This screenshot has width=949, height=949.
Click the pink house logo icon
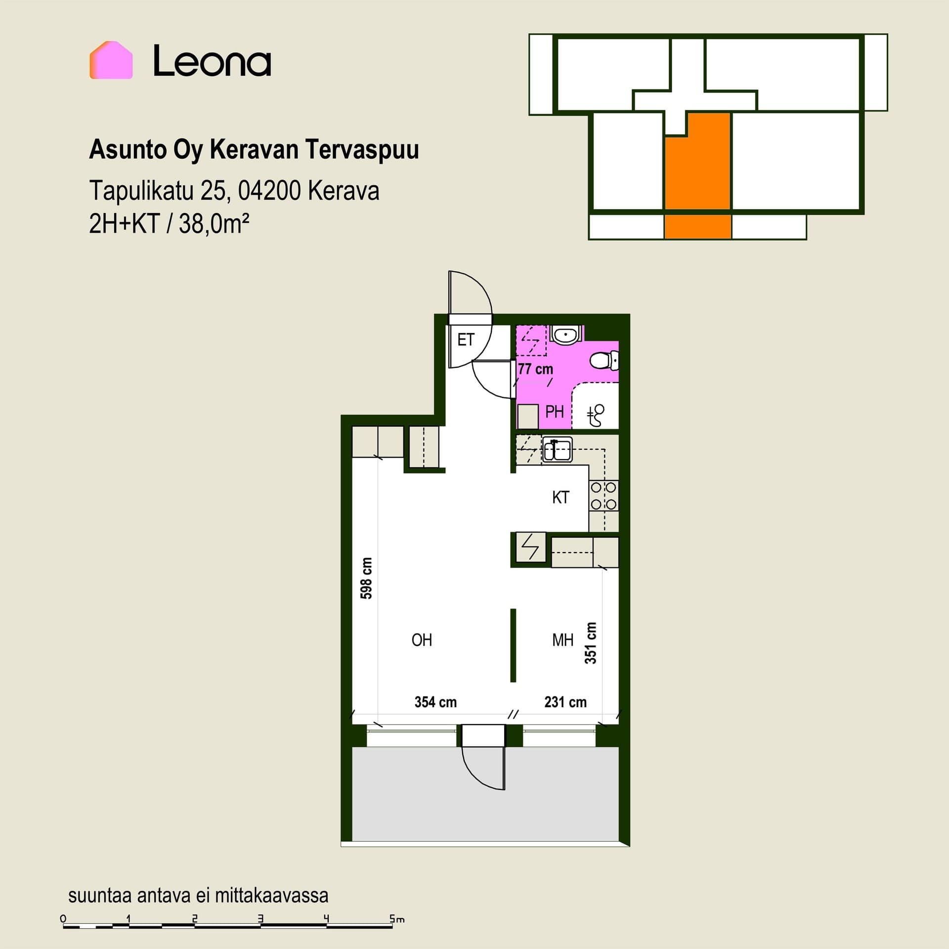point(111,60)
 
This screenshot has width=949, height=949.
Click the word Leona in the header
point(212,61)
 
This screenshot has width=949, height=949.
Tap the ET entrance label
point(466,340)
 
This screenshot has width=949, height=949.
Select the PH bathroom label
point(555,411)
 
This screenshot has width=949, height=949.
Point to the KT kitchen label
point(561,497)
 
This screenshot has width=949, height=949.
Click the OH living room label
point(422,640)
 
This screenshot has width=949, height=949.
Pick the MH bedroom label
point(562,640)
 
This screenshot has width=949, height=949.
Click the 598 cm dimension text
point(366,578)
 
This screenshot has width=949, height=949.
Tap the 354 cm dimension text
point(435,702)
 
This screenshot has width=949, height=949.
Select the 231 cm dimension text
point(565,702)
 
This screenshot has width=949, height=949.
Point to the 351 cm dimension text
point(591,643)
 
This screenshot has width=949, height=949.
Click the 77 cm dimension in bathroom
point(535,369)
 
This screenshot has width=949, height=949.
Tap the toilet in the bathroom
point(604,360)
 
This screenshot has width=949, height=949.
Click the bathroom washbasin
point(566,335)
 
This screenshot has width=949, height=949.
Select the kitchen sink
point(557,450)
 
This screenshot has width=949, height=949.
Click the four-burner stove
point(604,496)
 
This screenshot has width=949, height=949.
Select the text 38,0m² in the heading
point(214,224)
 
